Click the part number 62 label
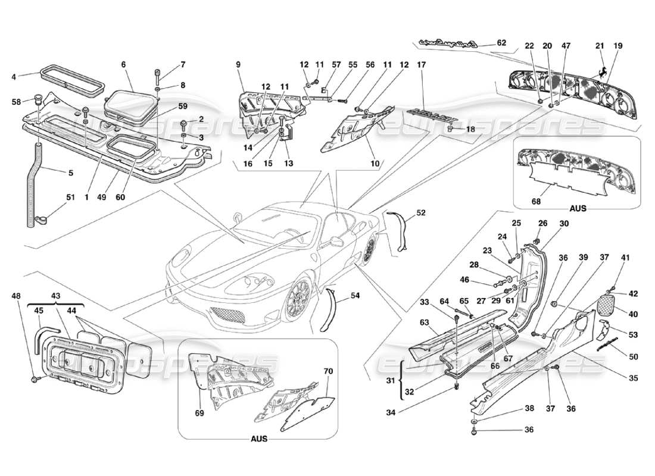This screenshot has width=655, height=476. click(x=501, y=43)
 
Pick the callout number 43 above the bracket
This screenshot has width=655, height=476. click(x=56, y=296)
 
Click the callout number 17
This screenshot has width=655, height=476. click(x=422, y=64)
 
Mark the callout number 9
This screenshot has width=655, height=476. click(x=238, y=64)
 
